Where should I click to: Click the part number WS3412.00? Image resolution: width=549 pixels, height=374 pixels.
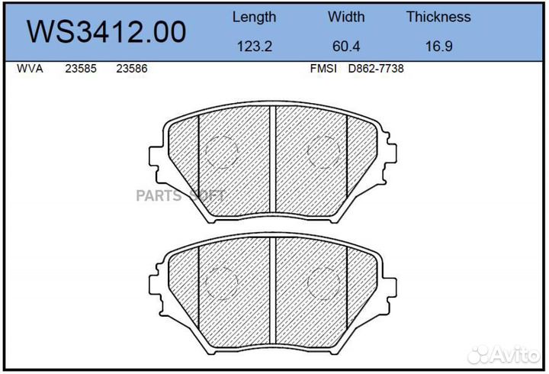tap(107, 31)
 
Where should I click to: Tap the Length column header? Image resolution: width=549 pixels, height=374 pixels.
tap(254, 18)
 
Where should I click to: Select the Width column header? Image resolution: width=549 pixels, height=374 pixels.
tap(346, 17)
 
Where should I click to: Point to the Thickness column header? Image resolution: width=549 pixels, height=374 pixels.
tap(438, 17)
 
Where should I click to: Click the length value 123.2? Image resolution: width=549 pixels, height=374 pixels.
tap(255, 47)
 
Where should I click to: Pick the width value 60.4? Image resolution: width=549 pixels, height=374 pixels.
tap(346, 47)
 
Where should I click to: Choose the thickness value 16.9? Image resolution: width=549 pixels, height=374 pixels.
tap(438, 47)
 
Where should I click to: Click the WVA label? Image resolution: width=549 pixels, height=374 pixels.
tap(30, 69)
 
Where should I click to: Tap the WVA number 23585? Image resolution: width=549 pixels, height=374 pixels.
tap(81, 69)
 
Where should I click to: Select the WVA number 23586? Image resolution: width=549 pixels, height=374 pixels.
tap(132, 69)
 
